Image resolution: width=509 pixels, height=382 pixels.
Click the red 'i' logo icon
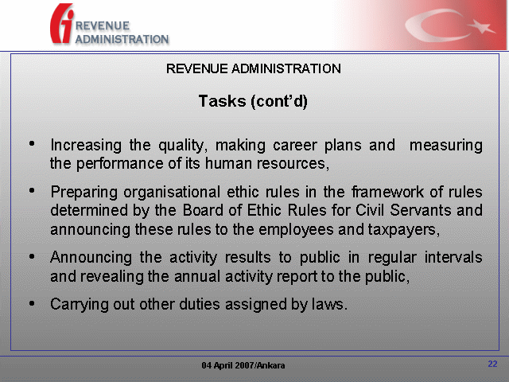62,23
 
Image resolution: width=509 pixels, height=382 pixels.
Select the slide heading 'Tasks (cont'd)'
253,101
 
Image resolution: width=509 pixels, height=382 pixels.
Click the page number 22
492,364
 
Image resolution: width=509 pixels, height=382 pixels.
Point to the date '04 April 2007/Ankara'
243,365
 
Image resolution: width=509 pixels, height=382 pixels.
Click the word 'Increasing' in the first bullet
86,145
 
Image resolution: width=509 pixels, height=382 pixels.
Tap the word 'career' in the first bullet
294,145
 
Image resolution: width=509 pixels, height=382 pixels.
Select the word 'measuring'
446,145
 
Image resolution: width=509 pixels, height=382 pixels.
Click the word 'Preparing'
84,192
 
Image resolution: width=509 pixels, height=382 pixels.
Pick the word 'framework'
387,192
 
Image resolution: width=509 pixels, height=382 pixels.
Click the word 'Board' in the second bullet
203,210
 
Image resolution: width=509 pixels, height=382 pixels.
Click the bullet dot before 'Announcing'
32,256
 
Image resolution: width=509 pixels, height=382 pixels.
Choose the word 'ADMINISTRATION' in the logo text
122,39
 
